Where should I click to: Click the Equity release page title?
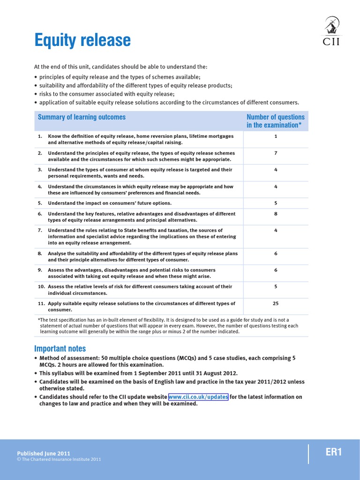pos(82,41)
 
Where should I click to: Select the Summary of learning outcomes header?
pos(82,117)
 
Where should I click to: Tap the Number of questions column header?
pos(275,121)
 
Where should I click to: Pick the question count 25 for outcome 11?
pos(276,303)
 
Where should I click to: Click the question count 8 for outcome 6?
pos(276,214)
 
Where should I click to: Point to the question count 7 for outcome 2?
pos(276,153)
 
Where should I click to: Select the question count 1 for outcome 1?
pos(276,136)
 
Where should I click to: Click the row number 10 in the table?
pos(41,287)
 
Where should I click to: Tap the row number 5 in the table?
pos(40,203)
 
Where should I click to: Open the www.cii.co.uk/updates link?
pos(198,397)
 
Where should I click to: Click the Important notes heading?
pos(60,349)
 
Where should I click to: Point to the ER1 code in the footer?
pos(334,452)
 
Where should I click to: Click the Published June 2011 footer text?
pos(44,453)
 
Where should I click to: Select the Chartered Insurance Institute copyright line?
pos(59,459)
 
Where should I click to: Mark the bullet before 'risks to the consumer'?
pos(36,94)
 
